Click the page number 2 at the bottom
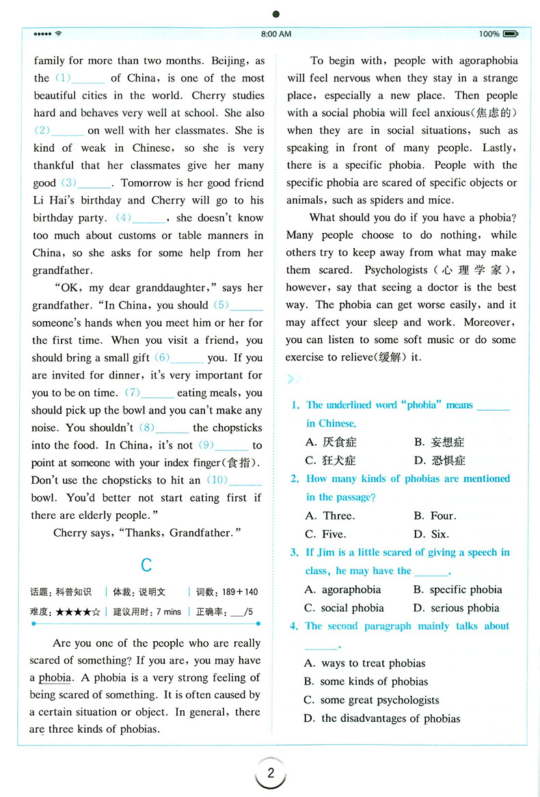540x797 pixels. click(271, 774)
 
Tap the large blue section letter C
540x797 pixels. click(146, 565)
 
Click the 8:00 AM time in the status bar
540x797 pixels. click(276, 33)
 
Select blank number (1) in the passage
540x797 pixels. click(79, 78)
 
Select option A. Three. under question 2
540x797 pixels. click(329, 515)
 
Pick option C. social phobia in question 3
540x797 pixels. click(345, 608)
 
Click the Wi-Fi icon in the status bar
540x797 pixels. click(59, 33)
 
